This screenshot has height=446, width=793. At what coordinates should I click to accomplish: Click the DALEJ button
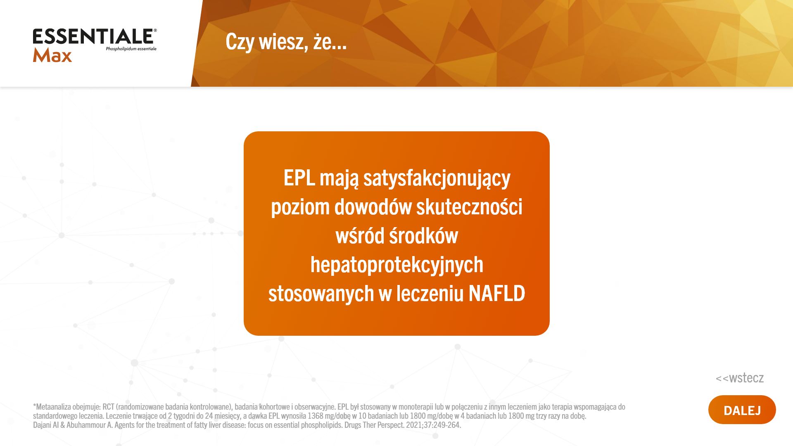click(742, 410)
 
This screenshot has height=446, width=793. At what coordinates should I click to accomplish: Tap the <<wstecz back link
click(740, 377)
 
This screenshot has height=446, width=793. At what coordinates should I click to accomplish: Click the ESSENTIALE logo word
click(93, 36)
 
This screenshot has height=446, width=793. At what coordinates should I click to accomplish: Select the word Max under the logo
click(52, 56)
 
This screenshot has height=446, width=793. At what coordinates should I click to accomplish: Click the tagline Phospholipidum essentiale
click(131, 49)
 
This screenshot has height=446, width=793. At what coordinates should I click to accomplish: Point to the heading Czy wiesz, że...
click(286, 42)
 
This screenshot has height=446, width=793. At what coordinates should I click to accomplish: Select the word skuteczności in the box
click(469, 206)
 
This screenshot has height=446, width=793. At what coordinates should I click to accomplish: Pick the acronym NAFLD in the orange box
click(497, 293)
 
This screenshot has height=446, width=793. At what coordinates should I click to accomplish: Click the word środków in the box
click(423, 235)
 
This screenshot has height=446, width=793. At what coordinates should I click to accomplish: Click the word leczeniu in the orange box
click(430, 293)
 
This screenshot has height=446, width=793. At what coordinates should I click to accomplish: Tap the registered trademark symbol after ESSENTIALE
click(155, 31)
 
